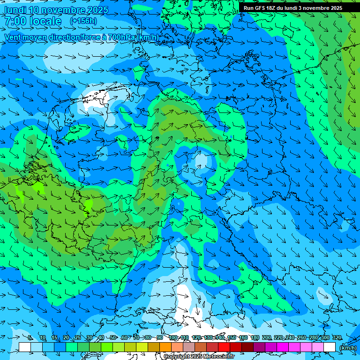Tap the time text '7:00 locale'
click(x=33, y=22)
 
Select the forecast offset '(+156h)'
click(x=83, y=21)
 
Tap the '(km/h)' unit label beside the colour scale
click(x=348, y=348)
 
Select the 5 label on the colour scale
click(x=30, y=338)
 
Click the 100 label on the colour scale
click(x=172, y=338)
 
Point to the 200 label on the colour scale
click(x=267, y=338)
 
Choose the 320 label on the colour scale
click(x=337, y=338)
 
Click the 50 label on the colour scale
click(x=113, y=338)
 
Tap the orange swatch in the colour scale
click(x=165, y=347)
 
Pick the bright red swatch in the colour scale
click(x=224, y=347)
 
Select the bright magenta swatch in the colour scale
click(x=283, y=347)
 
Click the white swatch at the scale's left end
click(x=25, y=347)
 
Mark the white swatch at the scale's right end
click(x=330, y=347)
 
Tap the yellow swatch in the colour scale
click(x=142, y=347)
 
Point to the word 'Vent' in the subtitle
click(x=15, y=37)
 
